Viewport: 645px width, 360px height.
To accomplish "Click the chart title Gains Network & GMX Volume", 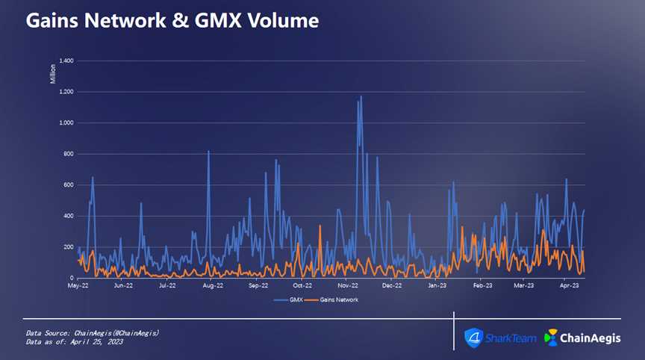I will (x=172, y=21).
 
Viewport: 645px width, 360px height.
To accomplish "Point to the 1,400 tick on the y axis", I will (x=65, y=60).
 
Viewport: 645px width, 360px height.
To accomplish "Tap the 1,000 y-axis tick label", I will (x=65, y=122).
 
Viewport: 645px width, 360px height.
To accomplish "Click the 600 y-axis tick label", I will (x=68, y=185).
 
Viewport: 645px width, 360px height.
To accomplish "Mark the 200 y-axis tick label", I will (x=68, y=247).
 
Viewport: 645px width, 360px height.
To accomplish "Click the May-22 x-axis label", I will (x=78, y=285).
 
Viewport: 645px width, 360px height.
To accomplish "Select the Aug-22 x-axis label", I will (x=214, y=285).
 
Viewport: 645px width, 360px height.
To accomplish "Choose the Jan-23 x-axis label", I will (x=437, y=285).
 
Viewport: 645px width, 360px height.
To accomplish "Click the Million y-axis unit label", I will (x=53, y=73).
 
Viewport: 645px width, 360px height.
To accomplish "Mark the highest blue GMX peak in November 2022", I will (x=361, y=97).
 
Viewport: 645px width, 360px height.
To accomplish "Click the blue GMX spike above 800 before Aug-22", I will (x=208, y=152).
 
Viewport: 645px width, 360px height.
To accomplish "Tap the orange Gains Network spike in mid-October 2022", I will (x=320, y=226).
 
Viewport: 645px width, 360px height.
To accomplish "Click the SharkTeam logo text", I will (x=510, y=338).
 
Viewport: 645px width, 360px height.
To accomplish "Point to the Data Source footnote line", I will (x=93, y=332).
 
